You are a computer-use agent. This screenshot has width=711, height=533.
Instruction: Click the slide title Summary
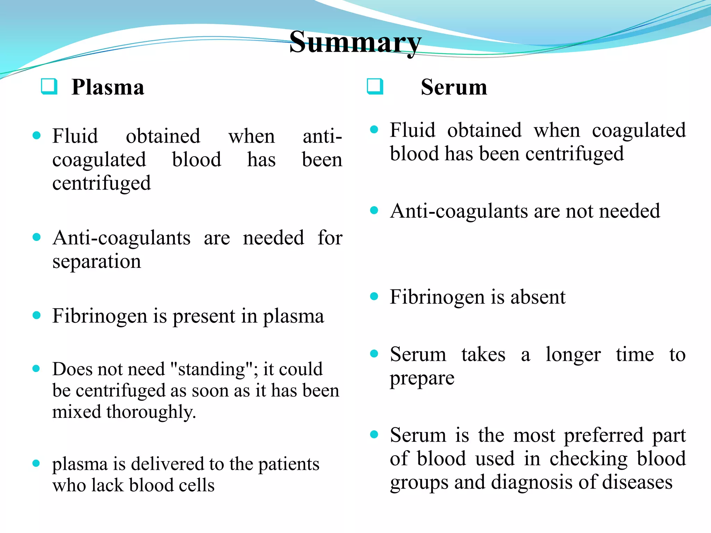pyautogui.click(x=355, y=42)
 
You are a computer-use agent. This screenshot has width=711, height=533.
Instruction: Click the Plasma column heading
pyautogui.click(x=108, y=87)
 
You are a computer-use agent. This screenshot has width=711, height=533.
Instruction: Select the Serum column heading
pyautogui.click(x=454, y=87)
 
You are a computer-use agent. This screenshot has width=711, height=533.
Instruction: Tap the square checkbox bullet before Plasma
pyautogui.click(x=49, y=86)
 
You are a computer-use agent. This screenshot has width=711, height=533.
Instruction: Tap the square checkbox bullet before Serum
pyautogui.click(x=375, y=86)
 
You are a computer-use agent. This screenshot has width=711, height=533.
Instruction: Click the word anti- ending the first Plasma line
pyautogui.click(x=322, y=136)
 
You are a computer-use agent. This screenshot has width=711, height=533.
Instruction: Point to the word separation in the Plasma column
pyautogui.click(x=97, y=261)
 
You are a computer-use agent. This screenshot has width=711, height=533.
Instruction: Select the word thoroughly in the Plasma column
pyautogui.click(x=151, y=412)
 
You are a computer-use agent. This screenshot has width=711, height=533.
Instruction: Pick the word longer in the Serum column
pyautogui.click(x=573, y=355)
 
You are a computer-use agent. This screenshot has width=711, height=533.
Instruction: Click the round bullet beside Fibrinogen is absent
pyautogui.click(x=374, y=296)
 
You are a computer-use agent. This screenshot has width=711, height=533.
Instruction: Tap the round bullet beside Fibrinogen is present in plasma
pyautogui.click(x=36, y=315)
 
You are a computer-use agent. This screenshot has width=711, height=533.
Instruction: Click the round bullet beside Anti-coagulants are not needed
pyautogui.click(x=374, y=210)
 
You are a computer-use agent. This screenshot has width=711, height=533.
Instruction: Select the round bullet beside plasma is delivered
pyautogui.click(x=36, y=464)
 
